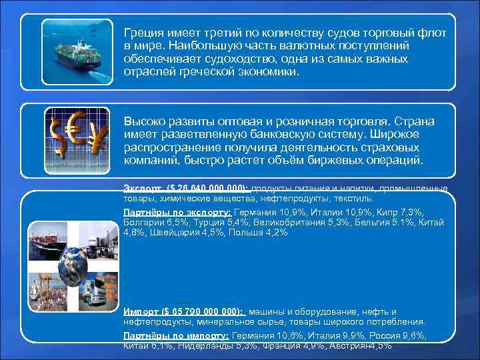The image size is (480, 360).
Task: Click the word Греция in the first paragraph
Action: click(142, 33)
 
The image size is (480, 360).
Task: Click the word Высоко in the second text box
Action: click(143, 122)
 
